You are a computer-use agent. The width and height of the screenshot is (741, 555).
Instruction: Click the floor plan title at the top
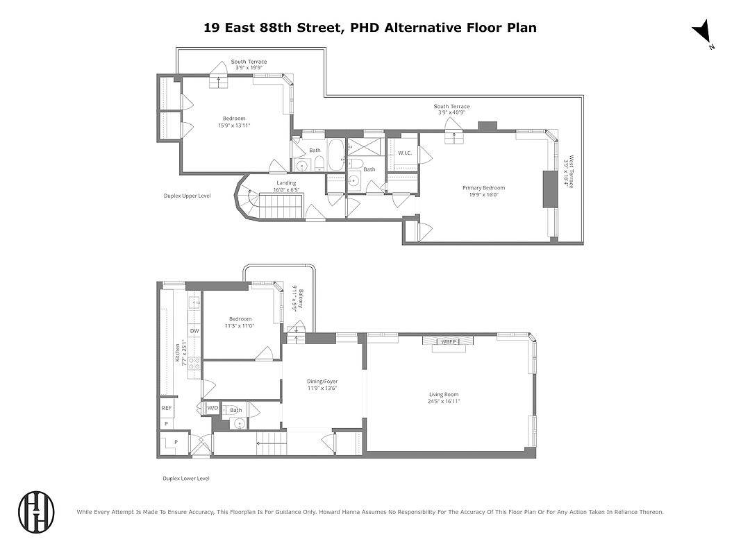[369, 28]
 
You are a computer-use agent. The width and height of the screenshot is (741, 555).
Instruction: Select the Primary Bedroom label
[483, 188]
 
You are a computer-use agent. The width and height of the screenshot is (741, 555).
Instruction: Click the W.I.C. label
[405, 153]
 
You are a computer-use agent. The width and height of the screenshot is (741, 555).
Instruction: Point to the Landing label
[286, 183]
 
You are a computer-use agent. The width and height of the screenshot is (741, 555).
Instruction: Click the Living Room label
[443, 395]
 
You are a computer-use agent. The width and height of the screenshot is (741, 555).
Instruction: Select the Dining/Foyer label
[322, 382]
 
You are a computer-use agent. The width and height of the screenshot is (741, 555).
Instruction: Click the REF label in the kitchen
[167, 408]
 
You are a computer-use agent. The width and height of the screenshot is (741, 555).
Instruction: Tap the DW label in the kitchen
[194, 331]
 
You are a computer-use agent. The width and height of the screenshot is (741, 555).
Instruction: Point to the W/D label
[213, 408]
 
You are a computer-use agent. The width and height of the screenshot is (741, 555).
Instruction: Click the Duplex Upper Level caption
[187, 196]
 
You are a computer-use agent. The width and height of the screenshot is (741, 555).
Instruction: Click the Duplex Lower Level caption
[186, 479]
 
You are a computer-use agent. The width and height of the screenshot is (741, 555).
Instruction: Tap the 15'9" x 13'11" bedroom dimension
[233, 126]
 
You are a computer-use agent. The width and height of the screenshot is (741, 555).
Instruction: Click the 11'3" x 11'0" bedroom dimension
[240, 326]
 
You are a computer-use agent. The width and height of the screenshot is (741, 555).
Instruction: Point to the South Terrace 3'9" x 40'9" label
[451, 110]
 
